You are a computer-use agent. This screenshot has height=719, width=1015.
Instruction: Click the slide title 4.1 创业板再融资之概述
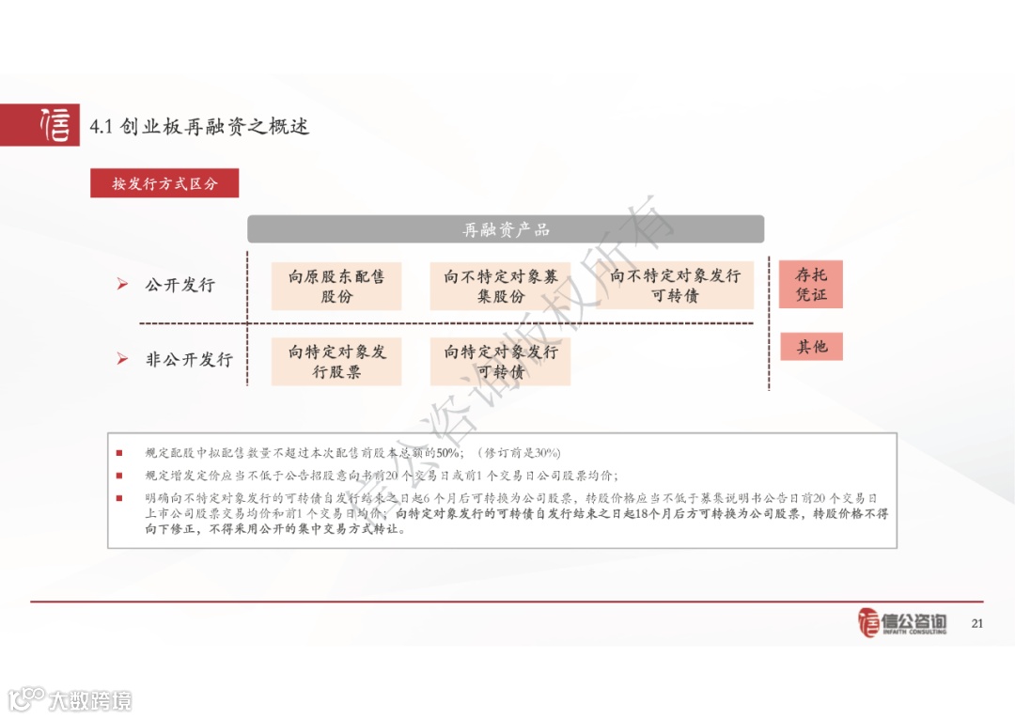pos(199,126)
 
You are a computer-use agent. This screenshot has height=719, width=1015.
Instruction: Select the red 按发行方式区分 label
pos(164,183)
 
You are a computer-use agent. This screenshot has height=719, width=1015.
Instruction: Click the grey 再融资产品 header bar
pos(506,229)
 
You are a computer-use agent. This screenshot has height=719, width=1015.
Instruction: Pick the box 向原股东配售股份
pos(336,286)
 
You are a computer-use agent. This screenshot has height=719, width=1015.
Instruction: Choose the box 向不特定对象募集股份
pos(500,286)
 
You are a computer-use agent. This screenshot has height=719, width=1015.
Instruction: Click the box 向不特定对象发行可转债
pos(675,285)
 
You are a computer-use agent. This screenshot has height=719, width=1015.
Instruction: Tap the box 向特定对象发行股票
pos(336,362)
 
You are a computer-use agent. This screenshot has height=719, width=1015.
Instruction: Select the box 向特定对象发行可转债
pos(500,362)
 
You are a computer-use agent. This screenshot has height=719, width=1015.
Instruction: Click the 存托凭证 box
pos(811,285)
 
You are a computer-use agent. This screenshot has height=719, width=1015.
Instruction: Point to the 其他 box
pos(811,347)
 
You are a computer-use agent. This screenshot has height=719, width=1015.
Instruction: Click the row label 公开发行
pos(180,285)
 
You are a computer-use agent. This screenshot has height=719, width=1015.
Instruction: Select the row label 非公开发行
pos(189,359)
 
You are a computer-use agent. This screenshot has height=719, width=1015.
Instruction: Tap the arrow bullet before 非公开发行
pos(122,359)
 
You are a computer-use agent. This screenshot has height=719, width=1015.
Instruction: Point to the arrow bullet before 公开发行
pos(122,285)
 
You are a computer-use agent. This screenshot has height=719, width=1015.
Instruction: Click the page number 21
pos(976,623)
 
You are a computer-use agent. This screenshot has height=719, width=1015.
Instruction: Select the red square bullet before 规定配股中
pos(119,453)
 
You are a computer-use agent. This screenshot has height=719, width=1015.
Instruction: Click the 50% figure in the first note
pos(447,453)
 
